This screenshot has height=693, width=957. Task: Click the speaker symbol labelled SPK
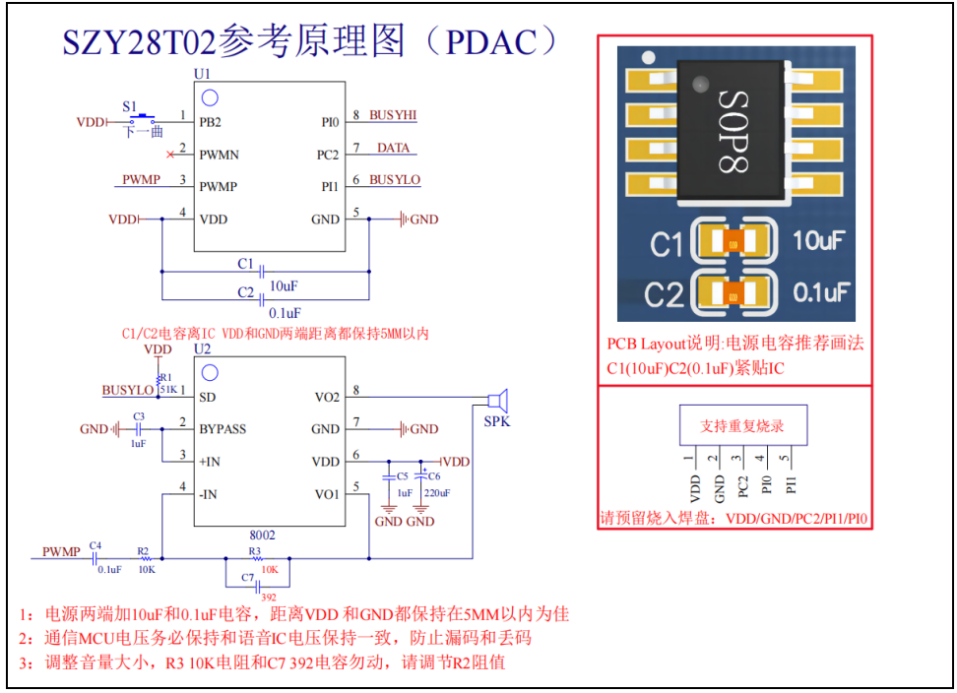[499, 400]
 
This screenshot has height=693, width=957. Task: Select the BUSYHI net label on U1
[393, 115]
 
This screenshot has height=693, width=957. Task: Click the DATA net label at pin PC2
[393, 148]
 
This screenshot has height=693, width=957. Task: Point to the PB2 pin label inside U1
[211, 123]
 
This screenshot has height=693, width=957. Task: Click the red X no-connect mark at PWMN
[171, 155]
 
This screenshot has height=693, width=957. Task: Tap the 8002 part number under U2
[261, 535]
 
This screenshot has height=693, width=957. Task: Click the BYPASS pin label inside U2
[223, 429]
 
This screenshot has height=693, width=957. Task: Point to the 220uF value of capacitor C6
[437, 493]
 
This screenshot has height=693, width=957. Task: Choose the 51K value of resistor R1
[168, 388]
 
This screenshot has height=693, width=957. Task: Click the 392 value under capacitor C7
[266, 597]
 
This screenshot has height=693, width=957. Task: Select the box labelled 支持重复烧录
[741, 426]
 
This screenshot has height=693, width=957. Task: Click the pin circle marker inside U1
[210, 96]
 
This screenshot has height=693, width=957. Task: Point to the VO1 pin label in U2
[327, 494]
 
